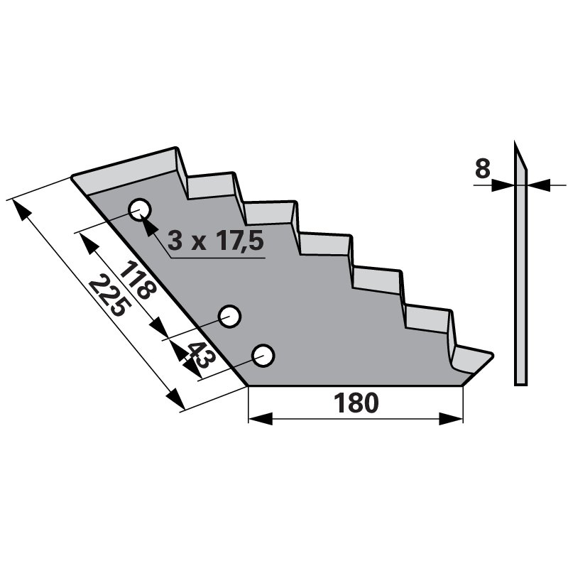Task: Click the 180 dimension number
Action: pos(356,403)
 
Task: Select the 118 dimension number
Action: pos(138,280)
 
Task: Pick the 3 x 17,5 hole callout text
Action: pos(216,241)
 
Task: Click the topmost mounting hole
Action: pos(140,209)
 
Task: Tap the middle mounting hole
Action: pos(229,317)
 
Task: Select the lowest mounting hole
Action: pos(263,356)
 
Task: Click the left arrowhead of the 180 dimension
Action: pos(260,419)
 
